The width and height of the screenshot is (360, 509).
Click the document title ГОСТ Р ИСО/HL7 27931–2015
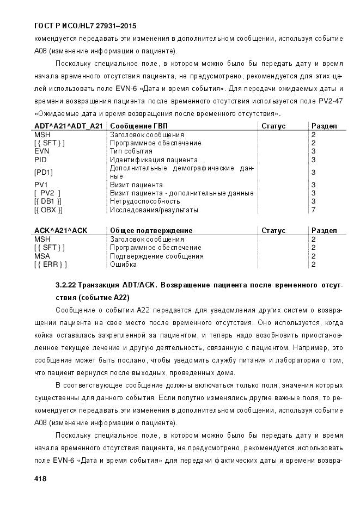pos(85,26)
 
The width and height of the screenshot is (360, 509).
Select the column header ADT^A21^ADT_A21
pos(68,126)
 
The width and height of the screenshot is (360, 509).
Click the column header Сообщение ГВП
pos(139,126)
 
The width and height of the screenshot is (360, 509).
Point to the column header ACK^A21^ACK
pos(60,231)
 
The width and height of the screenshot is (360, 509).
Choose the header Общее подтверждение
pos(151,231)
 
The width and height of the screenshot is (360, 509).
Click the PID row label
pos(41,160)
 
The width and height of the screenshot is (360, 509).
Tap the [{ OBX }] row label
pos(48,210)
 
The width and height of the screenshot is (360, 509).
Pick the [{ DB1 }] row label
pos(48,201)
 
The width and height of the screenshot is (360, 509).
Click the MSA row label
pos(42,256)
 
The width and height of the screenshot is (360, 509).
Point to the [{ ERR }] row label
pos(50,265)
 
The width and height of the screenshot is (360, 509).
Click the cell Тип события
pos(131,151)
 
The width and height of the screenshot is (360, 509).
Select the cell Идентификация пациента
pos(154,160)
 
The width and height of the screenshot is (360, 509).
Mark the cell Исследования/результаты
pos(154,210)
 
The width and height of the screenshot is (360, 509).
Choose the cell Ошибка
pos(123,265)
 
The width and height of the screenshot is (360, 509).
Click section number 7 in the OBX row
pos(313,210)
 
